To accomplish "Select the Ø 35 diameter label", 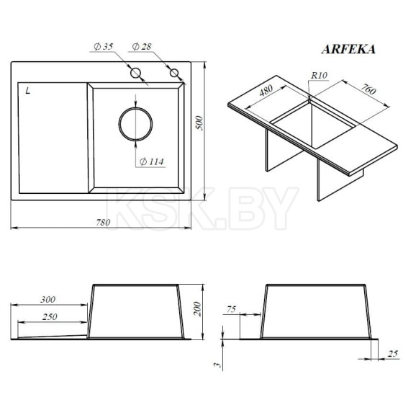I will pos(103,47).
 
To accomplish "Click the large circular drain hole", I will pos(135,124).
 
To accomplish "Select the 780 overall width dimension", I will pos(103,223).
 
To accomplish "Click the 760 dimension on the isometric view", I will pos(367,92).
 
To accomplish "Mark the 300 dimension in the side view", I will pos(48,299).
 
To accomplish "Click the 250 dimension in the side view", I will pos(48,317).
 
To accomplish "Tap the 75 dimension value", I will pos(230,309).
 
